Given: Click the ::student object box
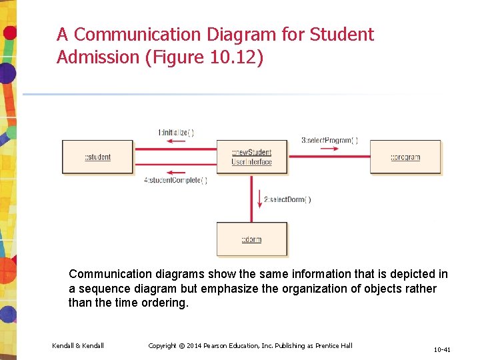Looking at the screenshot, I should click(97, 157).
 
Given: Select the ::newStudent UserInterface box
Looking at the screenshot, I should click(251, 157).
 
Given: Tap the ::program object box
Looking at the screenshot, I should click(405, 157).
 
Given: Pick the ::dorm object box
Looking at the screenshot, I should click(251, 239).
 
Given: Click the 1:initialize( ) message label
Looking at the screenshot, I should click(176, 133).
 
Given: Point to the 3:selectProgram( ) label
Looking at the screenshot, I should click(329, 141).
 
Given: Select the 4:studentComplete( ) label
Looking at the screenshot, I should click(176, 180).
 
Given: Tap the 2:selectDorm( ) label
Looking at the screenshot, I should click(287, 199).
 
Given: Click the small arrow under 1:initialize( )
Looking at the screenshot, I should click(175, 143).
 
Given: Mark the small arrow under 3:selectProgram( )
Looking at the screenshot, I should click(329, 149).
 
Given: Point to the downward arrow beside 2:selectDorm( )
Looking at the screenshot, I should click(259, 199).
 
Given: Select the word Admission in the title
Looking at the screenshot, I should click(98, 57).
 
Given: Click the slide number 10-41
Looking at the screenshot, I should click(442, 349).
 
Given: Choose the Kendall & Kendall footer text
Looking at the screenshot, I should click(78, 345).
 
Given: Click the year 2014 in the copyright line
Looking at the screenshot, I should click(193, 345).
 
